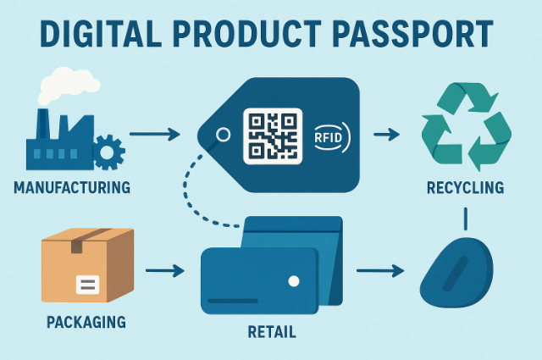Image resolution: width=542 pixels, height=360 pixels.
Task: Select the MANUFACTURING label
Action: [72, 186]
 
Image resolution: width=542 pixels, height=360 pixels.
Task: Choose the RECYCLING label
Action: [465, 187]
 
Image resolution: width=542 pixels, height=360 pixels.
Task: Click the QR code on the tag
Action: [273, 136]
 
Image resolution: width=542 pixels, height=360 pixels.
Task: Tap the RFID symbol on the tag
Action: [331, 136]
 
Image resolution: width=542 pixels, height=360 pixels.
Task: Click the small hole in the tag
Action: [224, 134]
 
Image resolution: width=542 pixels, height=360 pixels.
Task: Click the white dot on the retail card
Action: [294, 280]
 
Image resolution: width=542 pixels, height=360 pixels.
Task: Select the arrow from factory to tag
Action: [154, 134]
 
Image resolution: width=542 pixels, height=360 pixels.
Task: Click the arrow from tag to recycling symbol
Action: [386, 134]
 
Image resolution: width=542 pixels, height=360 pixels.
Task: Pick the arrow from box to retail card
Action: [165, 271]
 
